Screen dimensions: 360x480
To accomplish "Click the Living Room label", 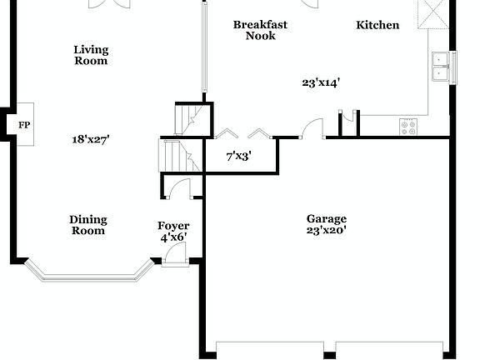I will tap(90, 55).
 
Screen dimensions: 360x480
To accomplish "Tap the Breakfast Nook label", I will tap(260, 30).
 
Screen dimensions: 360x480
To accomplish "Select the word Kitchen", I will tap(377, 25).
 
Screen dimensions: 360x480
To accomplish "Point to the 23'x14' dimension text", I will tap(321, 82).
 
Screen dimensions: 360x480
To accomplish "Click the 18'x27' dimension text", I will tap(90, 140).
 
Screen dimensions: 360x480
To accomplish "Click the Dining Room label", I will tap(87, 225).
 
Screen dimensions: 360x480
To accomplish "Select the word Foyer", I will tap(173, 226).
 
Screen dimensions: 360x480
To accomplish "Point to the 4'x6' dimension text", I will tap(173, 237).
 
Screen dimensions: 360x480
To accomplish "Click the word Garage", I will tap(326, 219).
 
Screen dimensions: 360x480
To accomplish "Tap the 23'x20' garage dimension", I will tap(326, 231).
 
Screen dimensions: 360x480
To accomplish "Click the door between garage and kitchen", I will tap(312, 129).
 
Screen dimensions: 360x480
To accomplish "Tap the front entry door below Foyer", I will tap(175, 258).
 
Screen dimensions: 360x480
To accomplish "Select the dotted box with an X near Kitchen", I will tap(433, 12).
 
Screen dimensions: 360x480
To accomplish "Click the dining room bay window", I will tap(88, 272).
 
